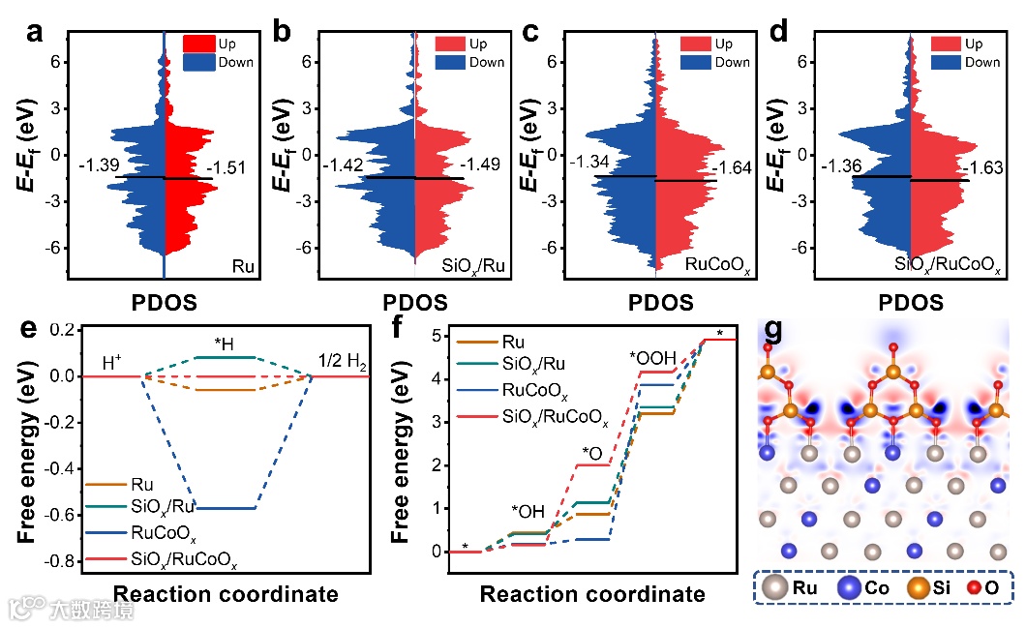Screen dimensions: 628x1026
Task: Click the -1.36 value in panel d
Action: tap(842, 167)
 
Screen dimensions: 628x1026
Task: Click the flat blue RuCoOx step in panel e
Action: tap(226, 508)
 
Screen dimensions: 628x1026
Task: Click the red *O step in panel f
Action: tap(592, 464)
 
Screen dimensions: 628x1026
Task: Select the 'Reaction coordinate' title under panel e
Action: tap(226, 593)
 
